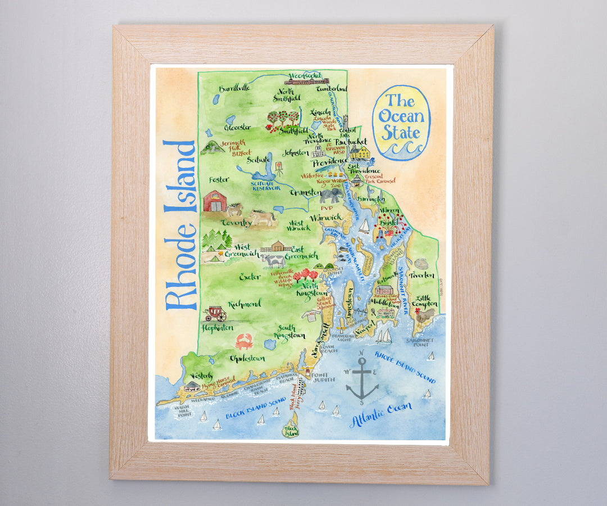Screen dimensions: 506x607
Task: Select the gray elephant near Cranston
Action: click(x=330, y=196)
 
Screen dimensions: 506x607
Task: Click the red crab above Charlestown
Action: click(x=244, y=341)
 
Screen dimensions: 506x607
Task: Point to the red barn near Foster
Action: click(x=214, y=201)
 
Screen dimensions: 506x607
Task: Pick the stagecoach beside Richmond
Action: click(x=216, y=313)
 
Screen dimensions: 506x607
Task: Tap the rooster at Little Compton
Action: click(x=425, y=315)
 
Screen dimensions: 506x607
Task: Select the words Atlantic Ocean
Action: click(x=380, y=414)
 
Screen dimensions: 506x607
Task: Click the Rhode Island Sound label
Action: click(x=405, y=368)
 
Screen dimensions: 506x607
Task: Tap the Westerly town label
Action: click(x=201, y=375)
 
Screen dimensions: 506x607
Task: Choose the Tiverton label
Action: click(x=422, y=275)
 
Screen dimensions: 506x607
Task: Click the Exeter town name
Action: click(x=250, y=277)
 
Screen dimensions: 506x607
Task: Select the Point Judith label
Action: click(x=323, y=377)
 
